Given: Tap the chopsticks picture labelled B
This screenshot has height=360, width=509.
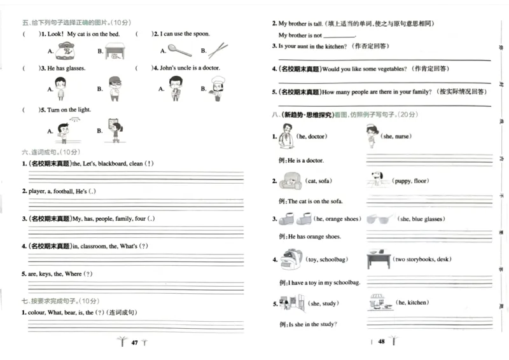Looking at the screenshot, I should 218,50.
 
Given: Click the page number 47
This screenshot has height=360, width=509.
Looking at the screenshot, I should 134,342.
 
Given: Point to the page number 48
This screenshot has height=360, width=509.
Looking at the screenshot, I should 381,342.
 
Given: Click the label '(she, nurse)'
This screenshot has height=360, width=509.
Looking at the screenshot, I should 395,137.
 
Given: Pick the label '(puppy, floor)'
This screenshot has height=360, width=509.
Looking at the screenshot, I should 410,181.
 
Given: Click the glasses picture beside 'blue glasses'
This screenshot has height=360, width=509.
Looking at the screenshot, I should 380,219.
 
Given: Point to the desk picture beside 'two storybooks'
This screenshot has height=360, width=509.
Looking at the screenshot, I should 378,260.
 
